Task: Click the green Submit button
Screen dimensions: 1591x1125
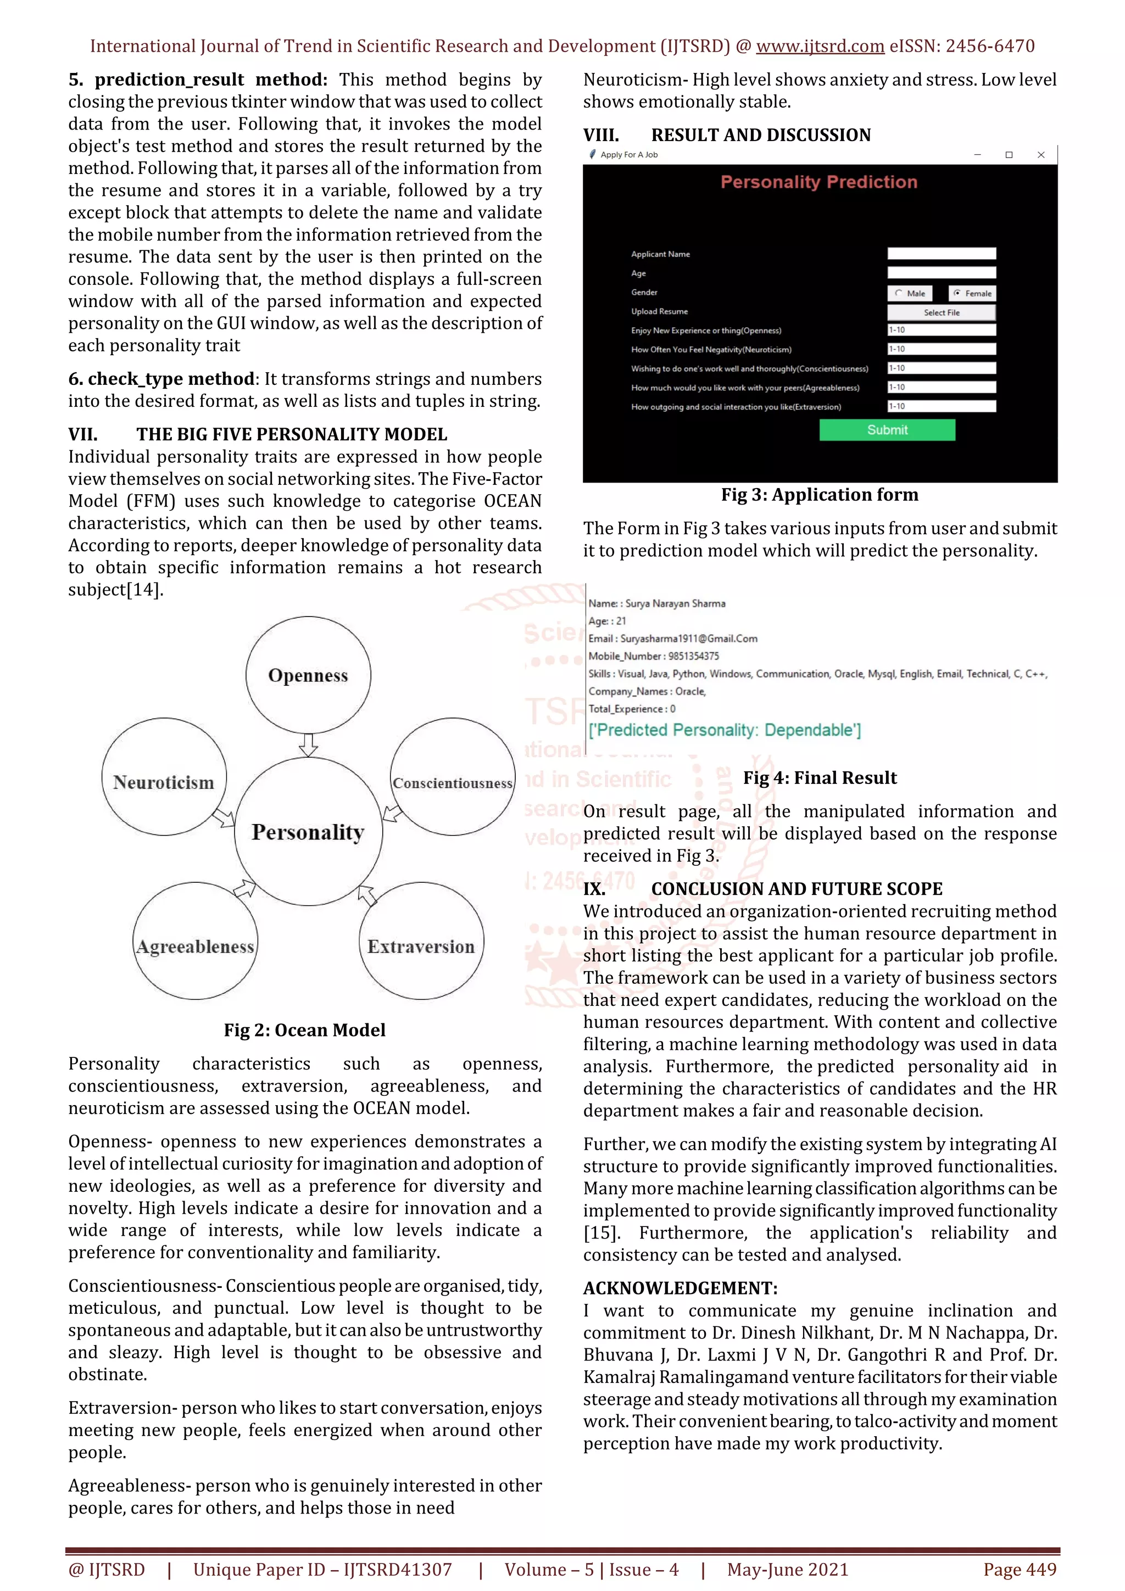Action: point(887,430)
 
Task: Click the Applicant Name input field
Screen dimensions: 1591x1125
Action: point(942,254)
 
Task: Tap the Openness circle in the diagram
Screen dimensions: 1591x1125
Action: point(308,674)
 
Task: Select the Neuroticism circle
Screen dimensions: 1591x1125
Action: point(164,782)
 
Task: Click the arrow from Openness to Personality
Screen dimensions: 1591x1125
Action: point(309,745)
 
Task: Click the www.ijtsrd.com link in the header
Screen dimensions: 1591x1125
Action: point(820,47)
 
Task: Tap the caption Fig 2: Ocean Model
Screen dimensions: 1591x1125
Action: point(304,1030)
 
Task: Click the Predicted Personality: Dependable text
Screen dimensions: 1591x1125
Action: point(725,730)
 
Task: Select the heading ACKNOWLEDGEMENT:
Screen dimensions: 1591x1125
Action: point(680,1287)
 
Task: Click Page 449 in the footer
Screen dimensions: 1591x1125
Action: point(1020,1569)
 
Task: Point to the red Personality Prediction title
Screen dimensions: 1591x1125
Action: point(818,182)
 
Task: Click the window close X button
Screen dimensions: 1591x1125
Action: point(1040,154)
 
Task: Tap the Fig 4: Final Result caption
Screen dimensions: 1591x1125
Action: point(820,777)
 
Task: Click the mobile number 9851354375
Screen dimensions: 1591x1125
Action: point(693,656)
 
